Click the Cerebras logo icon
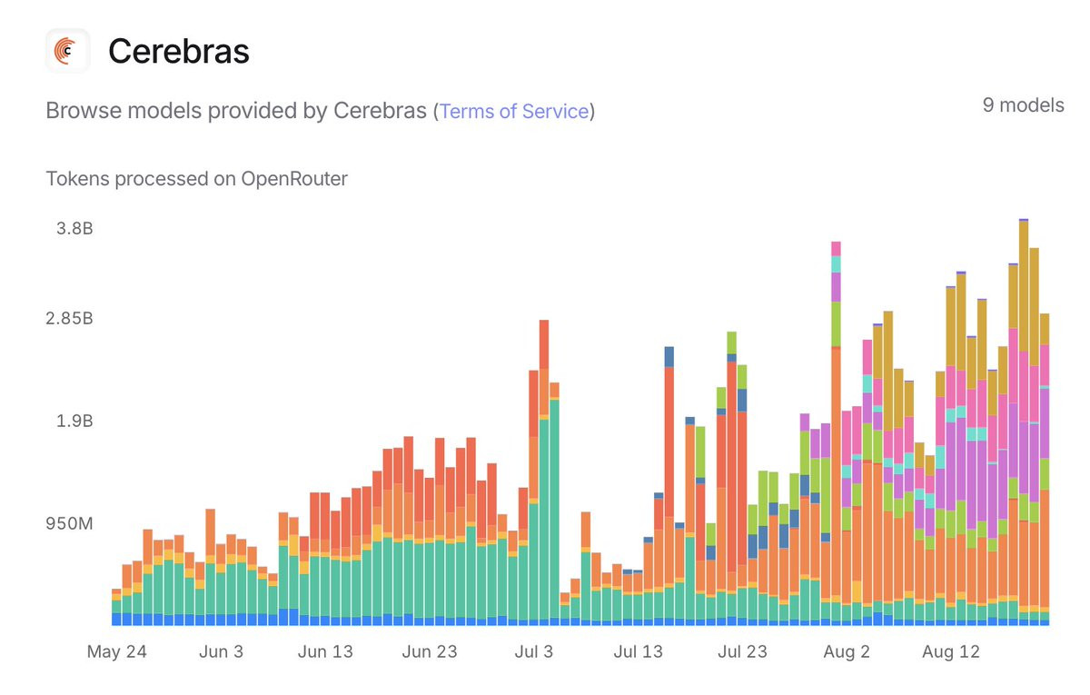pyautogui.click(x=67, y=51)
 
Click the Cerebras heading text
pyautogui.click(x=178, y=52)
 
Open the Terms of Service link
pyautogui.click(x=514, y=111)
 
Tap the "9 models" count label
pyautogui.click(x=1023, y=105)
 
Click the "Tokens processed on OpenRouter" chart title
pyautogui.click(x=196, y=179)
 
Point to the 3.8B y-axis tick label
pyautogui.click(x=74, y=228)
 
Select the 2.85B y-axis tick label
pyautogui.click(x=69, y=319)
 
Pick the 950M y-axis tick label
pyautogui.click(x=70, y=524)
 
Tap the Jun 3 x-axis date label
pyautogui.click(x=220, y=651)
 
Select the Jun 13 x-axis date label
pyautogui.click(x=324, y=651)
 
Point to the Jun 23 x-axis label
pyautogui.click(x=429, y=651)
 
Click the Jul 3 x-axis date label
pyautogui.click(x=533, y=651)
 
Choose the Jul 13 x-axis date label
pyautogui.click(x=638, y=651)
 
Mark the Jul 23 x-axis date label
pyautogui.click(x=742, y=651)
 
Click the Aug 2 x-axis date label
pyautogui.click(x=847, y=651)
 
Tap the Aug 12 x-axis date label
pyautogui.click(x=950, y=651)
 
